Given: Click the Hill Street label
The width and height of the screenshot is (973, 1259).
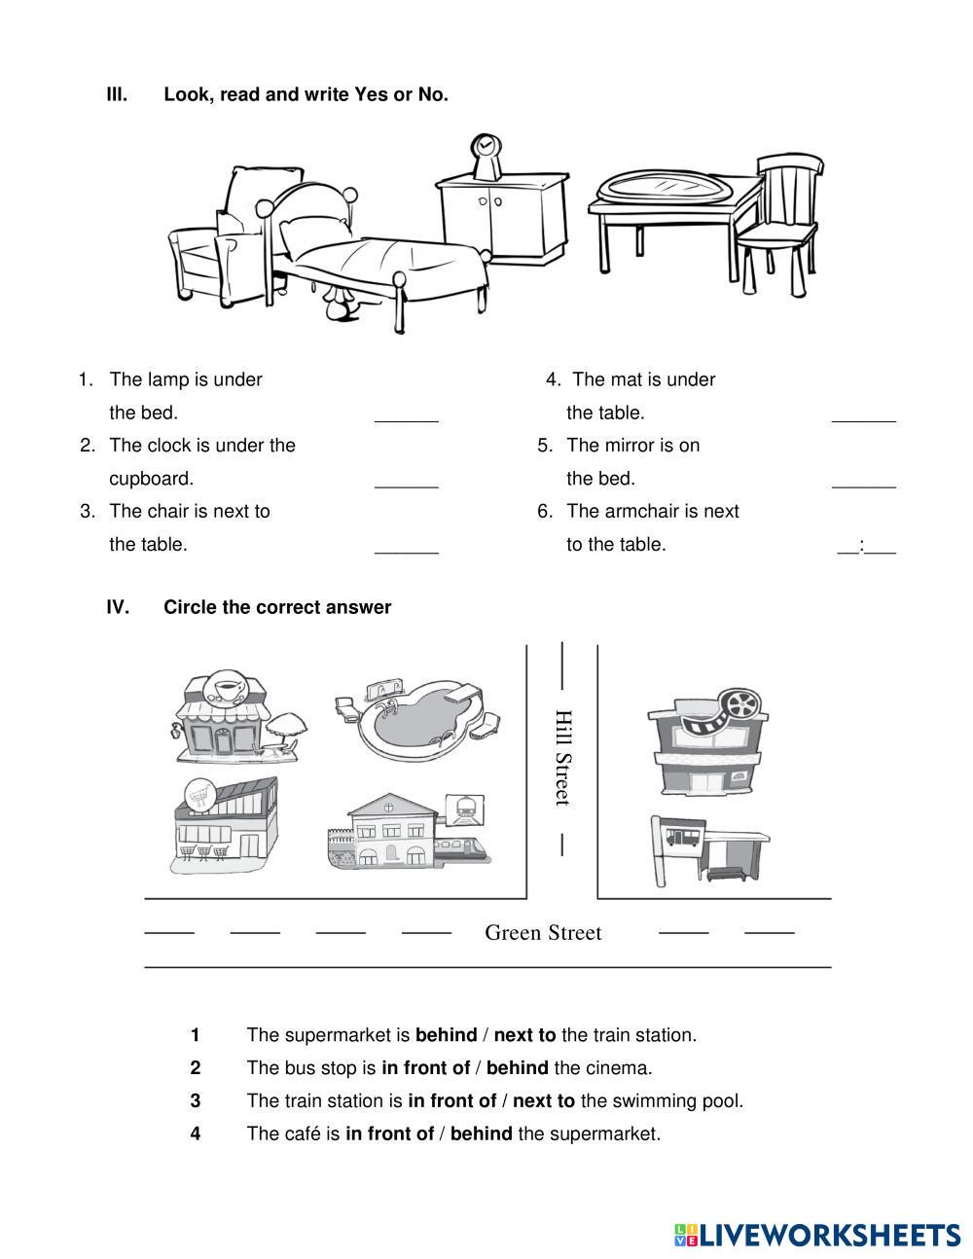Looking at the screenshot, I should [x=562, y=757].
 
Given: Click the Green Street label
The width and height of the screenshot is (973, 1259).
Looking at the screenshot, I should [x=543, y=933].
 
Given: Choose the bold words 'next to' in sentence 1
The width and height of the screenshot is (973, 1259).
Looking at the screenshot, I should [x=524, y=1035].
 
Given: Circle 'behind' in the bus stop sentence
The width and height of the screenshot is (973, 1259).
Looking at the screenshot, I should [x=517, y=1068].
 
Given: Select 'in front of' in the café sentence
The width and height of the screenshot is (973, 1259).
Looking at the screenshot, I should [x=389, y=1134].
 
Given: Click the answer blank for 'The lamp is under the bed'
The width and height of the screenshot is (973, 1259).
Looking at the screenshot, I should [x=407, y=416].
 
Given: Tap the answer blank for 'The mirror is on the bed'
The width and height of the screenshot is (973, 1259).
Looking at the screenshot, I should [x=864, y=481].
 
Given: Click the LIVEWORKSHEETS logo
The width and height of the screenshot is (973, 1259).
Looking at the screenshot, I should [x=817, y=1235].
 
